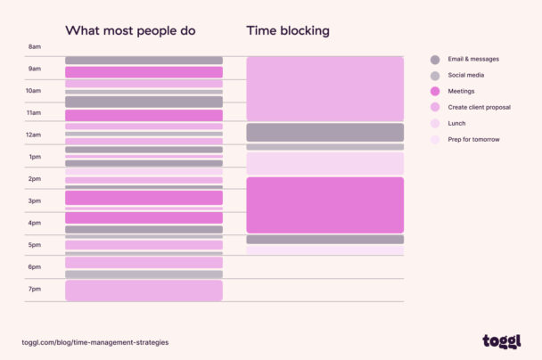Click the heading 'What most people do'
pos(130,31)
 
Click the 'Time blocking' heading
pos(288,31)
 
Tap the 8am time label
pos(34,46)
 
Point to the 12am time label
pos(34,135)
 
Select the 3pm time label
pos(34,200)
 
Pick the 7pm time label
pos(34,289)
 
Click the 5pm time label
pos(34,245)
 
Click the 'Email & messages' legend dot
pos(435,60)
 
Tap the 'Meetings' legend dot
pos(435,91)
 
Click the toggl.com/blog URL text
pos(95,342)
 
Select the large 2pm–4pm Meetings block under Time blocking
pos(324,205)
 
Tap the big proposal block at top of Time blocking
pos(324,88)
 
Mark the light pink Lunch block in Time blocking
pos(324,163)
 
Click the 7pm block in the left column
pos(144,290)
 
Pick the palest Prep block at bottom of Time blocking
pos(324,250)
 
